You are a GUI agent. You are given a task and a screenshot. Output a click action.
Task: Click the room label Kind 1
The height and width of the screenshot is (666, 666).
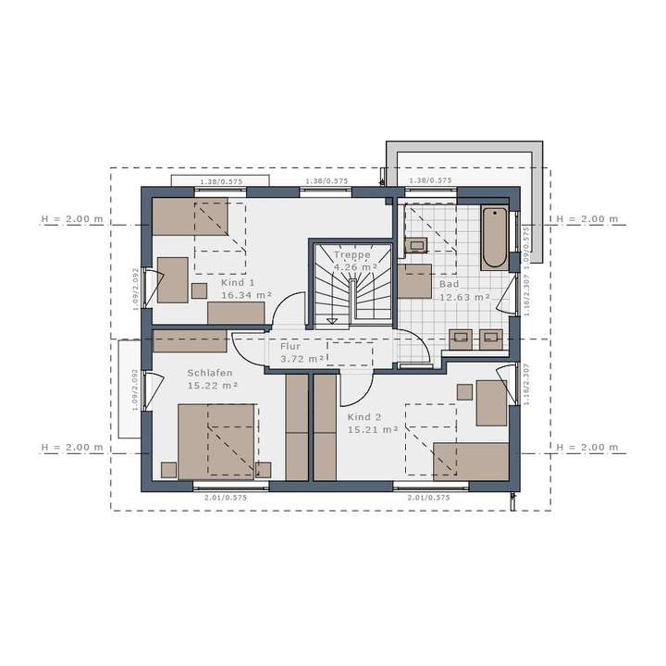click(x=238, y=282)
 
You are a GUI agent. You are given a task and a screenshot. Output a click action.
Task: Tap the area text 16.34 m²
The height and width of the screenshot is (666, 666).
click(x=246, y=295)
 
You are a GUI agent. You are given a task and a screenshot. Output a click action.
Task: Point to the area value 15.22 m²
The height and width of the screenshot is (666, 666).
click(x=213, y=385)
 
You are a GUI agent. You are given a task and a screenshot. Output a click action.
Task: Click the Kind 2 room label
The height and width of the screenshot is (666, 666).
click(x=363, y=416)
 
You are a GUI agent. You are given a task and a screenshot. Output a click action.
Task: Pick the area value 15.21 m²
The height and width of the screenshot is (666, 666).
click(x=373, y=429)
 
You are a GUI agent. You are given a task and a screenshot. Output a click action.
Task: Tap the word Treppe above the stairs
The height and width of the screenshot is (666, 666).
click(x=351, y=254)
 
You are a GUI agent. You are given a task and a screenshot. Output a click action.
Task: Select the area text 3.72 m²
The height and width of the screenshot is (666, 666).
click(x=302, y=358)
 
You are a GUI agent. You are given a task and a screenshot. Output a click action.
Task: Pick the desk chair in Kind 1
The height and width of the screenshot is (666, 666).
click(x=199, y=290)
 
